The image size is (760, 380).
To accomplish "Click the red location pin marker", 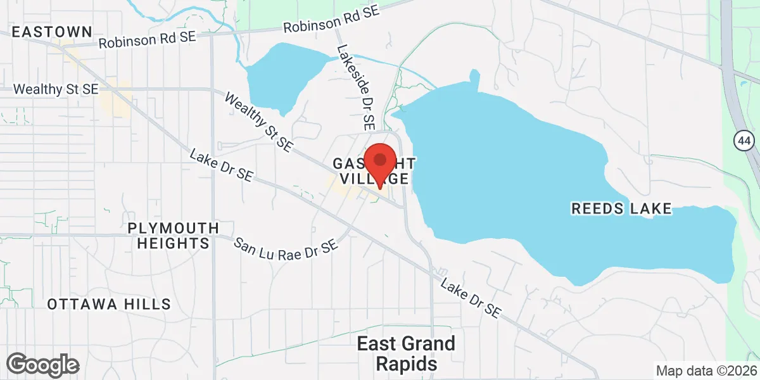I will coord(380,163).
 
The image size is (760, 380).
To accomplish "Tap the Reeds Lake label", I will coord(621,208).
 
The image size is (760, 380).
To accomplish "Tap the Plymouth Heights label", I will coord(173,235).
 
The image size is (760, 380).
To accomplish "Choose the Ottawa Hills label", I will coord(109,304).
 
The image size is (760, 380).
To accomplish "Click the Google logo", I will coord(43,365).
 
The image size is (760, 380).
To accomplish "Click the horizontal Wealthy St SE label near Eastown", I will coord(56,89).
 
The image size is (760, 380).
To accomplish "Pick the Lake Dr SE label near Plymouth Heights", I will coord(221,166).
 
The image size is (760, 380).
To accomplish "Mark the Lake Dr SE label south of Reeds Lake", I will coord(471,298).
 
